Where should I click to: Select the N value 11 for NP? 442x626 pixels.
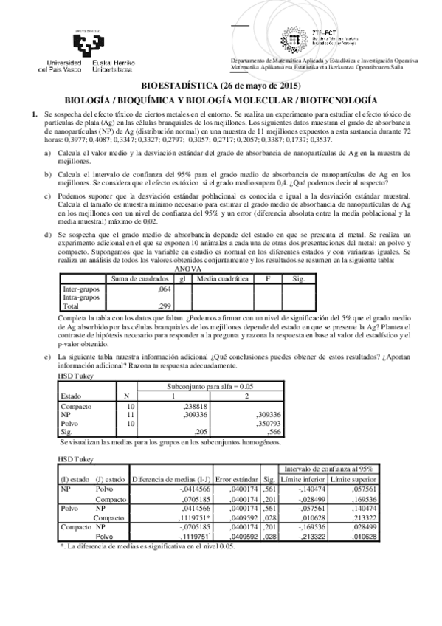131,415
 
